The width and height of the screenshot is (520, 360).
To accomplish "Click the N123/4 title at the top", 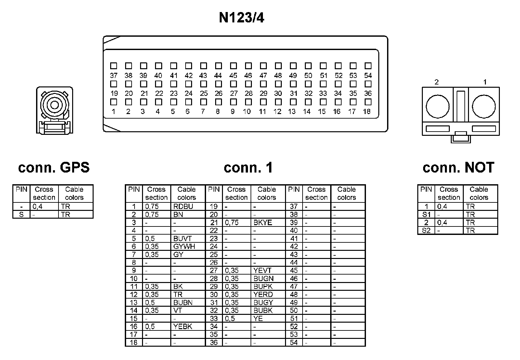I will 241,18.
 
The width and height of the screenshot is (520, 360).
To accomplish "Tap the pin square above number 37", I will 113,66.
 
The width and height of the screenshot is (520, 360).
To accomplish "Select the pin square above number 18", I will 368,102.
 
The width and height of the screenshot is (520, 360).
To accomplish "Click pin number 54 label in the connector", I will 368,76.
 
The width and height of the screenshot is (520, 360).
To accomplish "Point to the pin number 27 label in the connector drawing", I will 234,94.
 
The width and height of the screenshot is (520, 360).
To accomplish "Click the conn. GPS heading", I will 54,168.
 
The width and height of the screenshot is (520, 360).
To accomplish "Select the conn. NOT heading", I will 458,168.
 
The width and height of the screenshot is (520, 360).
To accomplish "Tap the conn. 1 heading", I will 248,168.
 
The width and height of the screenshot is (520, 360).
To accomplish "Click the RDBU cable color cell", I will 183,207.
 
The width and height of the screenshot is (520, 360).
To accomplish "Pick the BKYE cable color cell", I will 263,223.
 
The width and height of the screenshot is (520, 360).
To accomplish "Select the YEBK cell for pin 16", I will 183,327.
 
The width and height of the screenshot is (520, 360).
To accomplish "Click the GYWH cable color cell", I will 184,247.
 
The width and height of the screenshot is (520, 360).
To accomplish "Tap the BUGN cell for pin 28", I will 264,278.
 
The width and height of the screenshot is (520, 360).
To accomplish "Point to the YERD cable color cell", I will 263,295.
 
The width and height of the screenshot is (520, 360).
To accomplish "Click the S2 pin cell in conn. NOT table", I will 426,231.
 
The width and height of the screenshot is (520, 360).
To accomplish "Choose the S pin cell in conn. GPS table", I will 21,215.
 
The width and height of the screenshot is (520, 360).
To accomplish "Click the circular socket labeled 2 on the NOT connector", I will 437,107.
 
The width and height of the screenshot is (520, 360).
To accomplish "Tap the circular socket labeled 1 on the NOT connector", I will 484,107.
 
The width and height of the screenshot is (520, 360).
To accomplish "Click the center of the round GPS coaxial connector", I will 54,105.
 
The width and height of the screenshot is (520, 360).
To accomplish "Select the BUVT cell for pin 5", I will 183,238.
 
